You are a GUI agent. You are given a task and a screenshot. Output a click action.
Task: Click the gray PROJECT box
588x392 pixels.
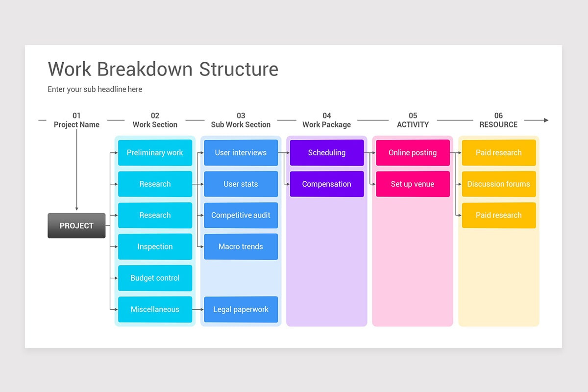click(76, 225)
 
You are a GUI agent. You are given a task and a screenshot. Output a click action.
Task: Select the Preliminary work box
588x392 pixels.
click(155, 152)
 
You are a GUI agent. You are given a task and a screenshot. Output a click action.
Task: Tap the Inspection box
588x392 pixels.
click(155, 246)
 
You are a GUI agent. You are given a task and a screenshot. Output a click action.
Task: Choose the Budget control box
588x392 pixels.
click(155, 278)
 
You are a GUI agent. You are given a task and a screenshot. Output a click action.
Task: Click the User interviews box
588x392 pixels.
click(241, 152)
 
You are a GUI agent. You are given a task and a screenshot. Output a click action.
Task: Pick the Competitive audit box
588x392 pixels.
click(241, 215)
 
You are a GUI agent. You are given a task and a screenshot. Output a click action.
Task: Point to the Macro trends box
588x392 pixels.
click(241, 246)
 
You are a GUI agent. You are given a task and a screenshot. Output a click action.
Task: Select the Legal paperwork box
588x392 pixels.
click(241, 309)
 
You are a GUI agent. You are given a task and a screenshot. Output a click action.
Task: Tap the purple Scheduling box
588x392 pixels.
click(327, 152)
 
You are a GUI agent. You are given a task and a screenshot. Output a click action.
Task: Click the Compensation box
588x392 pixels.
click(327, 184)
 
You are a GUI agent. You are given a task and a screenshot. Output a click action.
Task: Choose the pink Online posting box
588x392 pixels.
click(413, 152)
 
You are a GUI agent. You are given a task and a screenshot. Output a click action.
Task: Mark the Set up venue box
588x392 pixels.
click(413, 184)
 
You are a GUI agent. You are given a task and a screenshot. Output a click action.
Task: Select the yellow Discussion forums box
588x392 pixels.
click(498, 184)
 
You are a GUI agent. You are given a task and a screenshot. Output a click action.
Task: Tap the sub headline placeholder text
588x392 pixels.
click(95, 89)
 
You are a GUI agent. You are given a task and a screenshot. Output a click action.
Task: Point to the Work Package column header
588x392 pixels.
click(327, 124)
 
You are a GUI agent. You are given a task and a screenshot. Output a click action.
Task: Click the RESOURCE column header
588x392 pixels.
click(498, 124)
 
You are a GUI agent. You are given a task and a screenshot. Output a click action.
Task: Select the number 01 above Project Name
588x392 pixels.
click(76, 116)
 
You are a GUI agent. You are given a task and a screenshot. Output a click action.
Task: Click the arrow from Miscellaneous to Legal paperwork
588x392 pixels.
click(198, 309)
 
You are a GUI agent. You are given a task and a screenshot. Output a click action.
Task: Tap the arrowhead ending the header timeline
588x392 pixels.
click(546, 120)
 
